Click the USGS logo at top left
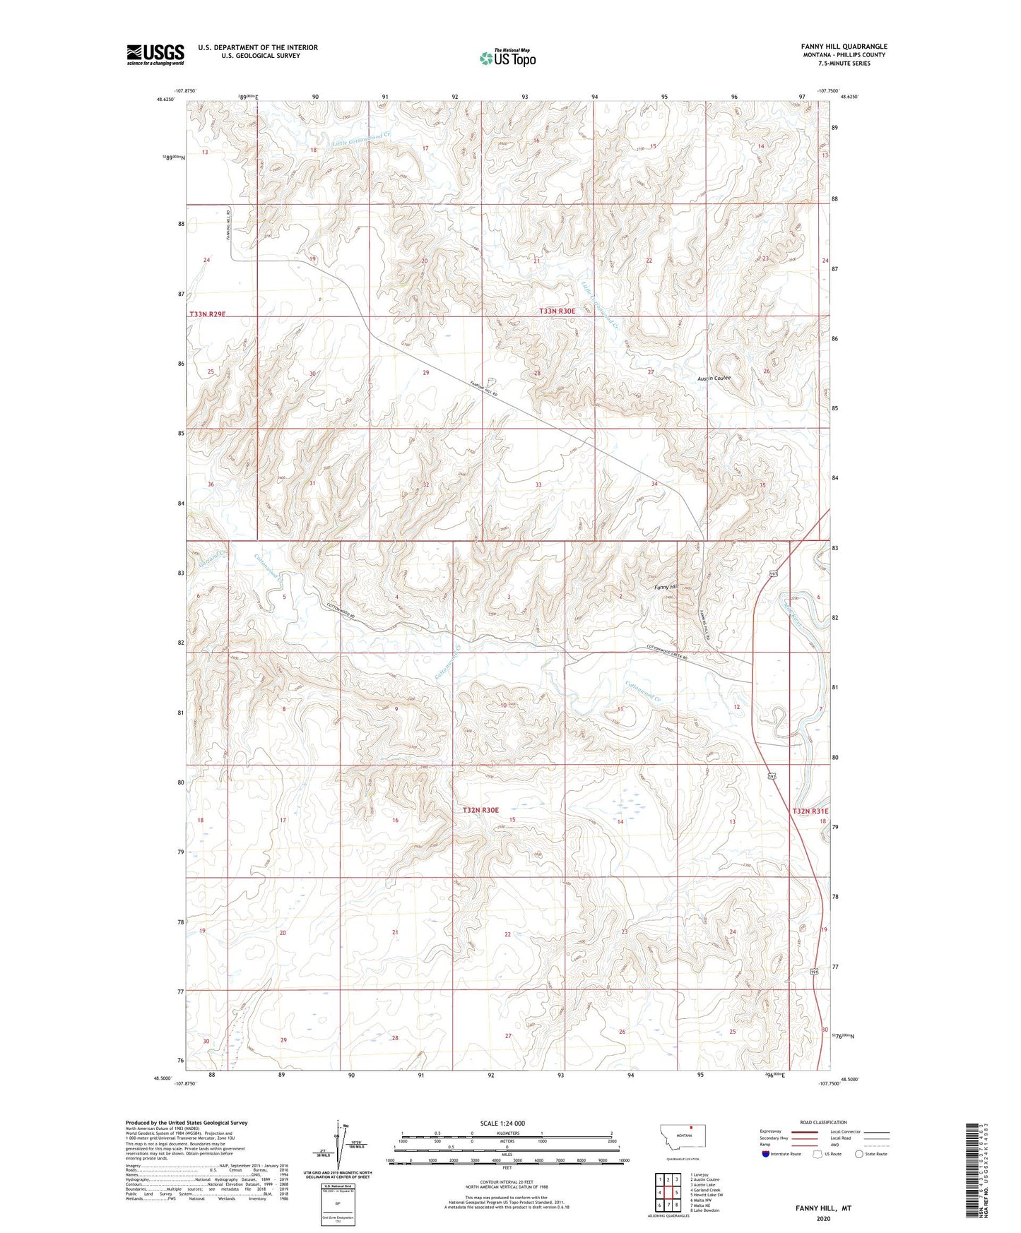coord(155,54)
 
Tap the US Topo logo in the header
coord(507,58)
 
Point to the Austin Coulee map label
coord(714,378)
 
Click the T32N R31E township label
coord(810,811)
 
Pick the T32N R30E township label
coord(480,810)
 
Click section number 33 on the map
coord(538,484)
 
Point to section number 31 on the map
coord(312,483)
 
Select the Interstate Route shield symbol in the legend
coord(766,1154)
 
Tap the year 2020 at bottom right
coord(822,1218)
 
